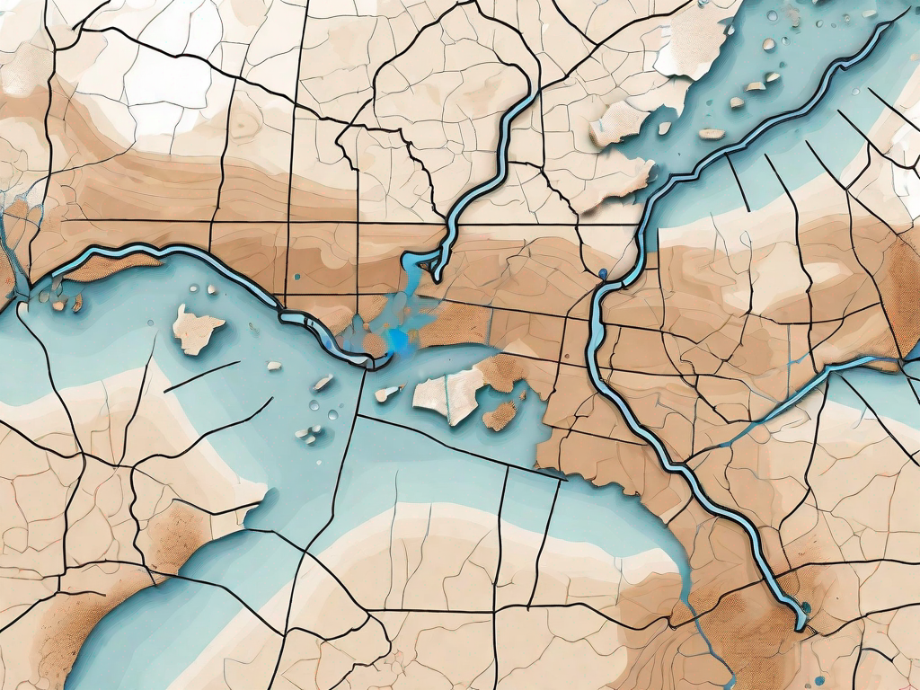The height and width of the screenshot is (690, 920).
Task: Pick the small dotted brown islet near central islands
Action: (x=500, y=415)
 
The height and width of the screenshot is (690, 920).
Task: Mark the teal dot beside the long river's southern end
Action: (x=805, y=608)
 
